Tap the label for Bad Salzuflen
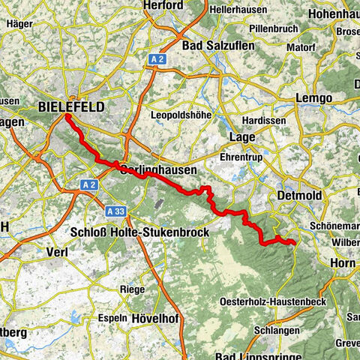[x=219, y=46]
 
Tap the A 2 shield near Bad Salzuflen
[x=156, y=57]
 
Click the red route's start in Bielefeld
[x=66, y=117]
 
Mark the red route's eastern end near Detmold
[x=292, y=242]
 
